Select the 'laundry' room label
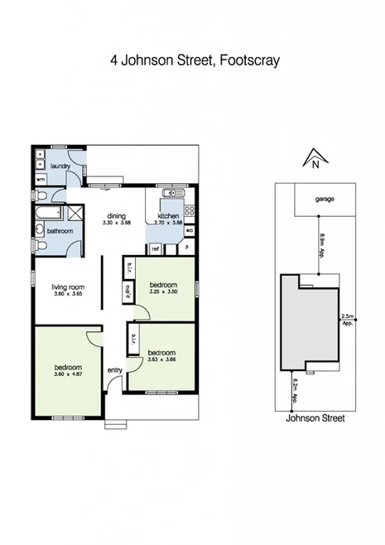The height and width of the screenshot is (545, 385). coord(59,166)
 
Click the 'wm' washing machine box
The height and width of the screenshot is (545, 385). coord(41,179)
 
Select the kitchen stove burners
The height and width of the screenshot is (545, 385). coord(189,210)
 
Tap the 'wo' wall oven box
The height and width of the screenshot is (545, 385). coord(190,230)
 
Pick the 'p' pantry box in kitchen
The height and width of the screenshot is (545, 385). coord(186,248)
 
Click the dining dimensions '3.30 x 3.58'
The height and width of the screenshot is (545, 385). coord(117,223)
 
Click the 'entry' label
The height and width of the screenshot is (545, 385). coord(114,369)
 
